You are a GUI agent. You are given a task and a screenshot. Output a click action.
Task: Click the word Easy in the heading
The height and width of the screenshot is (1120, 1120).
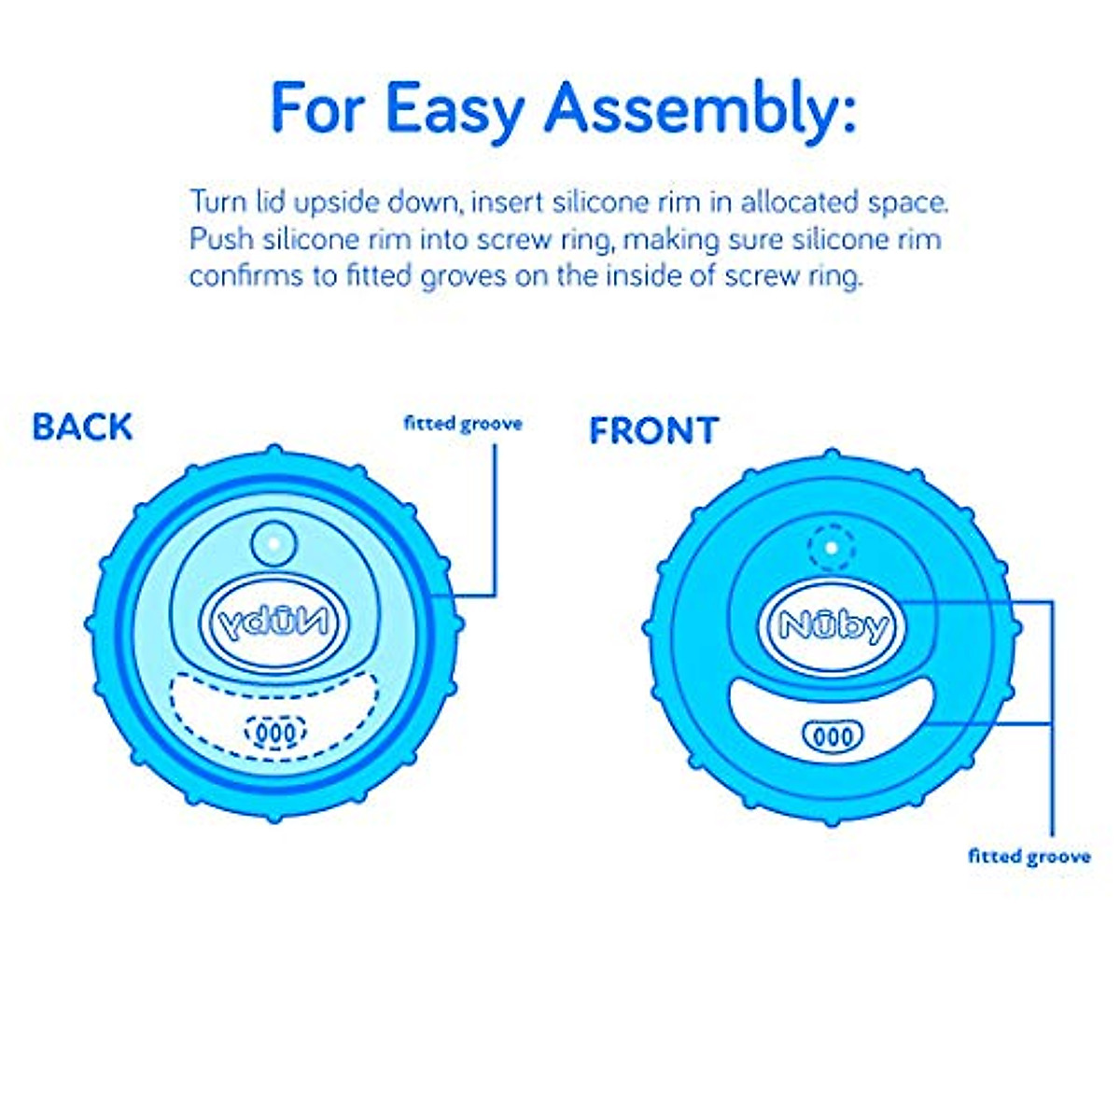coord(455,110)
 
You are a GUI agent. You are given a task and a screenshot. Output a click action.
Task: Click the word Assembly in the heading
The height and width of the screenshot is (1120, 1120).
coord(700,110)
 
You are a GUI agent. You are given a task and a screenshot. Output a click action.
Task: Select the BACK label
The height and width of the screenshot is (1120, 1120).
coord(82,427)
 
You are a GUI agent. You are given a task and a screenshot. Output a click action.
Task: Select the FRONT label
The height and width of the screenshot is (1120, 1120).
coord(653,431)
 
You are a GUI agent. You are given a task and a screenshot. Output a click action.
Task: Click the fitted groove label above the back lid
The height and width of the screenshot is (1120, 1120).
coord(463,424)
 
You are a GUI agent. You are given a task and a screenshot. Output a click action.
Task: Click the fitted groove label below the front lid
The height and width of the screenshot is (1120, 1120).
coord(1029,856)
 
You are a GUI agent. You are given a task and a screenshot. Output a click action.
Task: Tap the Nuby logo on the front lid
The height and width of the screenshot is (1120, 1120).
coord(833,626)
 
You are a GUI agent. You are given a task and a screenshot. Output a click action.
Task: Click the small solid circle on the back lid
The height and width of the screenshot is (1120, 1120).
coord(273,541)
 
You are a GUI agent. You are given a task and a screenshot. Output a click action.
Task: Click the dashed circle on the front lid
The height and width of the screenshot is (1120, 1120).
coord(833,548)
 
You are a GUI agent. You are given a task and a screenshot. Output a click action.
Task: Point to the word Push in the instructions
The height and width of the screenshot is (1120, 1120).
coord(221,240)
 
